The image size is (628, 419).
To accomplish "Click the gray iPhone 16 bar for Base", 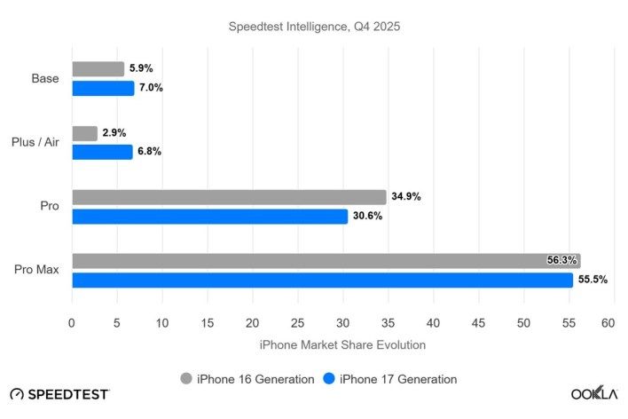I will point(98,69).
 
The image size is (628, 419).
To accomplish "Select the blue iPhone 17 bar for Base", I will point(103,88).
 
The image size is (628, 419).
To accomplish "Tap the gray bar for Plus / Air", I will point(84,133).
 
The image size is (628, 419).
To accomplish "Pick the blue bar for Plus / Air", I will point(102,152).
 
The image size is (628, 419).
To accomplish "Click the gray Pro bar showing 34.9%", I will point(229,197).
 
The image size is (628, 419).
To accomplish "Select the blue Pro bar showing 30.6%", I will point(209,216).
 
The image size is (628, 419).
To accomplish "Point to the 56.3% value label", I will point(562,261).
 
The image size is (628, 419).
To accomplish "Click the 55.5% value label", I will point(593,280).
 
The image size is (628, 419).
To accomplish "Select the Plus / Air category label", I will point(35,142).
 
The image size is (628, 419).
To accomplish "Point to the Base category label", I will point(44,78).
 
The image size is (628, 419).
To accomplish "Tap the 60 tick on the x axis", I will point(608,324).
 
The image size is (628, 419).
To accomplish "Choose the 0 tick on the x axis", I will point(72,324).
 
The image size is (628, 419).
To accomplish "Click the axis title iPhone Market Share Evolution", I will point(341,344).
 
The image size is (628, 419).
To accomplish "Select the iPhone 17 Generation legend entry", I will point(389,379).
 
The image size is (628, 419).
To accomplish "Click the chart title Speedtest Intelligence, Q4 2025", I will point(313,26).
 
